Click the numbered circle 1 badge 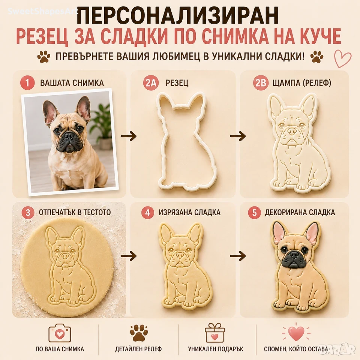click(x=27, y=82)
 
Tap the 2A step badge click(x=150, y=82)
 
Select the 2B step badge click(x=260, y=82)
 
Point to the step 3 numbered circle click(x=27, y=212)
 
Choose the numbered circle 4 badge click(x=148, y=212)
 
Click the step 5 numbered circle click(x=255, y=212)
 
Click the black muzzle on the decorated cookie click(x=293, y=259)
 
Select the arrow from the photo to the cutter click(x=128, y=136)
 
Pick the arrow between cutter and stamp click(x=238, y=136)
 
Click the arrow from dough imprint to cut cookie click(x=128, y=255)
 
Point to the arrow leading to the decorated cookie click(x=238, y=255)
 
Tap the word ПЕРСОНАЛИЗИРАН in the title click(x=177, y=15)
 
